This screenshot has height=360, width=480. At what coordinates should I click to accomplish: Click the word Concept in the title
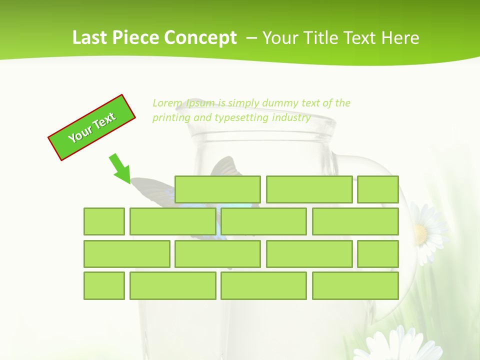[x=200, y=38]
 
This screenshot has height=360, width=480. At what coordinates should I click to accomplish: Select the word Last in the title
[x=90, y=38]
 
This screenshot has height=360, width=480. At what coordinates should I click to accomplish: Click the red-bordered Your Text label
[x=92, y=127]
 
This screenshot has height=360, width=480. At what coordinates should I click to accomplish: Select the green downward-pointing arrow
[x=120, y=168]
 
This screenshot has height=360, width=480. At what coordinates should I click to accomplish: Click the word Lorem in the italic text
[x=167, y=103]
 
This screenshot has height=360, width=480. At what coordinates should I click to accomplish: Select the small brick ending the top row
[x=378, y=189]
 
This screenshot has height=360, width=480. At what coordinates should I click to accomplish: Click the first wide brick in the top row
[x=217, y=189]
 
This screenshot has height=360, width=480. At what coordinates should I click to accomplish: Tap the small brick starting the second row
[x=104, y=221]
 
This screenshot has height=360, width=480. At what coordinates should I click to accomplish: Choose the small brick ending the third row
[x=378, y=254]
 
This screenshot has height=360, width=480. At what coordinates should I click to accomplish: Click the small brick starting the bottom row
[x=104, y=286]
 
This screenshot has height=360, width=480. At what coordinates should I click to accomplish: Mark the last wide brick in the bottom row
[x=355, y=286]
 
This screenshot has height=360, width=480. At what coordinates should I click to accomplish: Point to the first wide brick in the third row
[x=126, y=254]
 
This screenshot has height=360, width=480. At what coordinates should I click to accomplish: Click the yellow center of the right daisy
[x=420, y=232]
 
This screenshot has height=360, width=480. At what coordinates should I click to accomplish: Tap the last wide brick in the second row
[x=355, y=221]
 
